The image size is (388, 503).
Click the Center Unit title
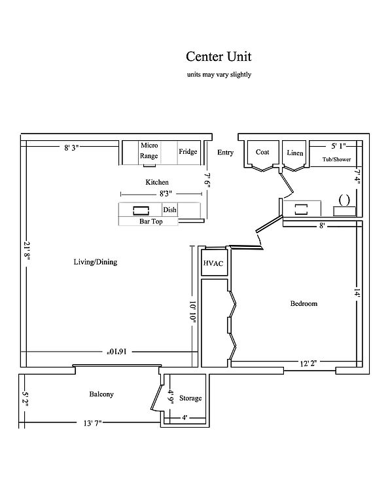pyautogui.click(x=219, y=56)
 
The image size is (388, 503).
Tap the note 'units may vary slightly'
pyautogui.click(x=219, y=75)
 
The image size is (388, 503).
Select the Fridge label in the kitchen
pyautogui.click(x=188, y=152)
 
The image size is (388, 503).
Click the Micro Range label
pyautogui.click(x=149, y=151)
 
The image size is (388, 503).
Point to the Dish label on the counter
pyautogui.click(x=169, y=210)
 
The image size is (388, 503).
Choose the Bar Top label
pyautogui.click(x=151, y=221)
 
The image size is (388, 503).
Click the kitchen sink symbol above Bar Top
pyautogui.click(x=141, y=210)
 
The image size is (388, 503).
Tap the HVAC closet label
pyautogui.click(x=213, y=263)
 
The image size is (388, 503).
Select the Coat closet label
pyautogui.click(x=262, y=152)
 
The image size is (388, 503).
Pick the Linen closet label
pyautogui.click(x=295, y=153)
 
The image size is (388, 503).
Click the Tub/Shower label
pyautogui.click(x=336, y=159)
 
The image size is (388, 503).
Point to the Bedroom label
pyautogui.click(x=304, y=303)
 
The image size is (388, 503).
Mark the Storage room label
pyautogui.click(x=190, y=398)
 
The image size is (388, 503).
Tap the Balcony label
pyautogui.click(x=101, y=394)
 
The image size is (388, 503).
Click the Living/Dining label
pyautogui.click(x=96, y=262)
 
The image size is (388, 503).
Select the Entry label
pyautogui.click(x=225, y=153)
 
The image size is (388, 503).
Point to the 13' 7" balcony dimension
pyautogui.click(x=93, y=423)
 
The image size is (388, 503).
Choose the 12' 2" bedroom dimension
pyautogui.click(x=308, y=363)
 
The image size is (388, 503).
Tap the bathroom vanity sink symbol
pyautogui.click(x=344, y=200)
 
